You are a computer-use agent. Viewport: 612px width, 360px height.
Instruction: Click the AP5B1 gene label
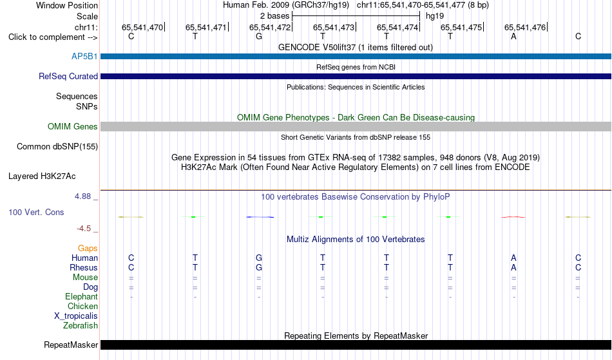[84, 56]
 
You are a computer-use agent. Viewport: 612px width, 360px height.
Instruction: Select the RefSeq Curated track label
[68, 76]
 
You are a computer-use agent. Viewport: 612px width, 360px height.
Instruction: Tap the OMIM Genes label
[73, 126]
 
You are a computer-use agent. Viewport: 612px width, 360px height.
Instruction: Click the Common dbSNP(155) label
[57, 146]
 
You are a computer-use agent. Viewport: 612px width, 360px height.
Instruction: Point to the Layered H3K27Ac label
[42, 176]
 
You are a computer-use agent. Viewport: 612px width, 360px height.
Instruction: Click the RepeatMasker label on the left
[71, 345]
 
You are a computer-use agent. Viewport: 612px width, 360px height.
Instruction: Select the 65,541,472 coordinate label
[270, 27]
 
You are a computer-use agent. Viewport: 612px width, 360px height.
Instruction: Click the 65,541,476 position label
[525, 27]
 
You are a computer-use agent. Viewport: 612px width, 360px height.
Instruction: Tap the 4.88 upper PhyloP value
[82, 196]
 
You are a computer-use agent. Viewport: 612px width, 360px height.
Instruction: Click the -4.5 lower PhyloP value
[84, 228]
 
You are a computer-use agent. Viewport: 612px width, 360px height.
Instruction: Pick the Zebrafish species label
[81, 325]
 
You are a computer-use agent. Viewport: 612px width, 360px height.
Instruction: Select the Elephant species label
[82, 296]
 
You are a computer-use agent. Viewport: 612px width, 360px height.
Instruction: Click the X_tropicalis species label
[76, 316]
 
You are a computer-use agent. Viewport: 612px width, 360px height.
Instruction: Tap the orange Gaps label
[88, 248]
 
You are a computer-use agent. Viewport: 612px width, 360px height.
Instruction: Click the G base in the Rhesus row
[259, 267]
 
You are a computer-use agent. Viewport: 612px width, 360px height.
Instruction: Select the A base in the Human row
[513, 258]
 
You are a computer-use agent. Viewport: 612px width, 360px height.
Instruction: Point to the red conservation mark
[513, 217]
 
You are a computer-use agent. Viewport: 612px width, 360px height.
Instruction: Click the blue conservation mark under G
[260, 217]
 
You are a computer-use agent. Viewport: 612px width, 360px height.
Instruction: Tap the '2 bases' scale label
[275, 16]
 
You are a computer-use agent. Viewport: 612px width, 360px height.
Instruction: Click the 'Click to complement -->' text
[53, 37]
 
